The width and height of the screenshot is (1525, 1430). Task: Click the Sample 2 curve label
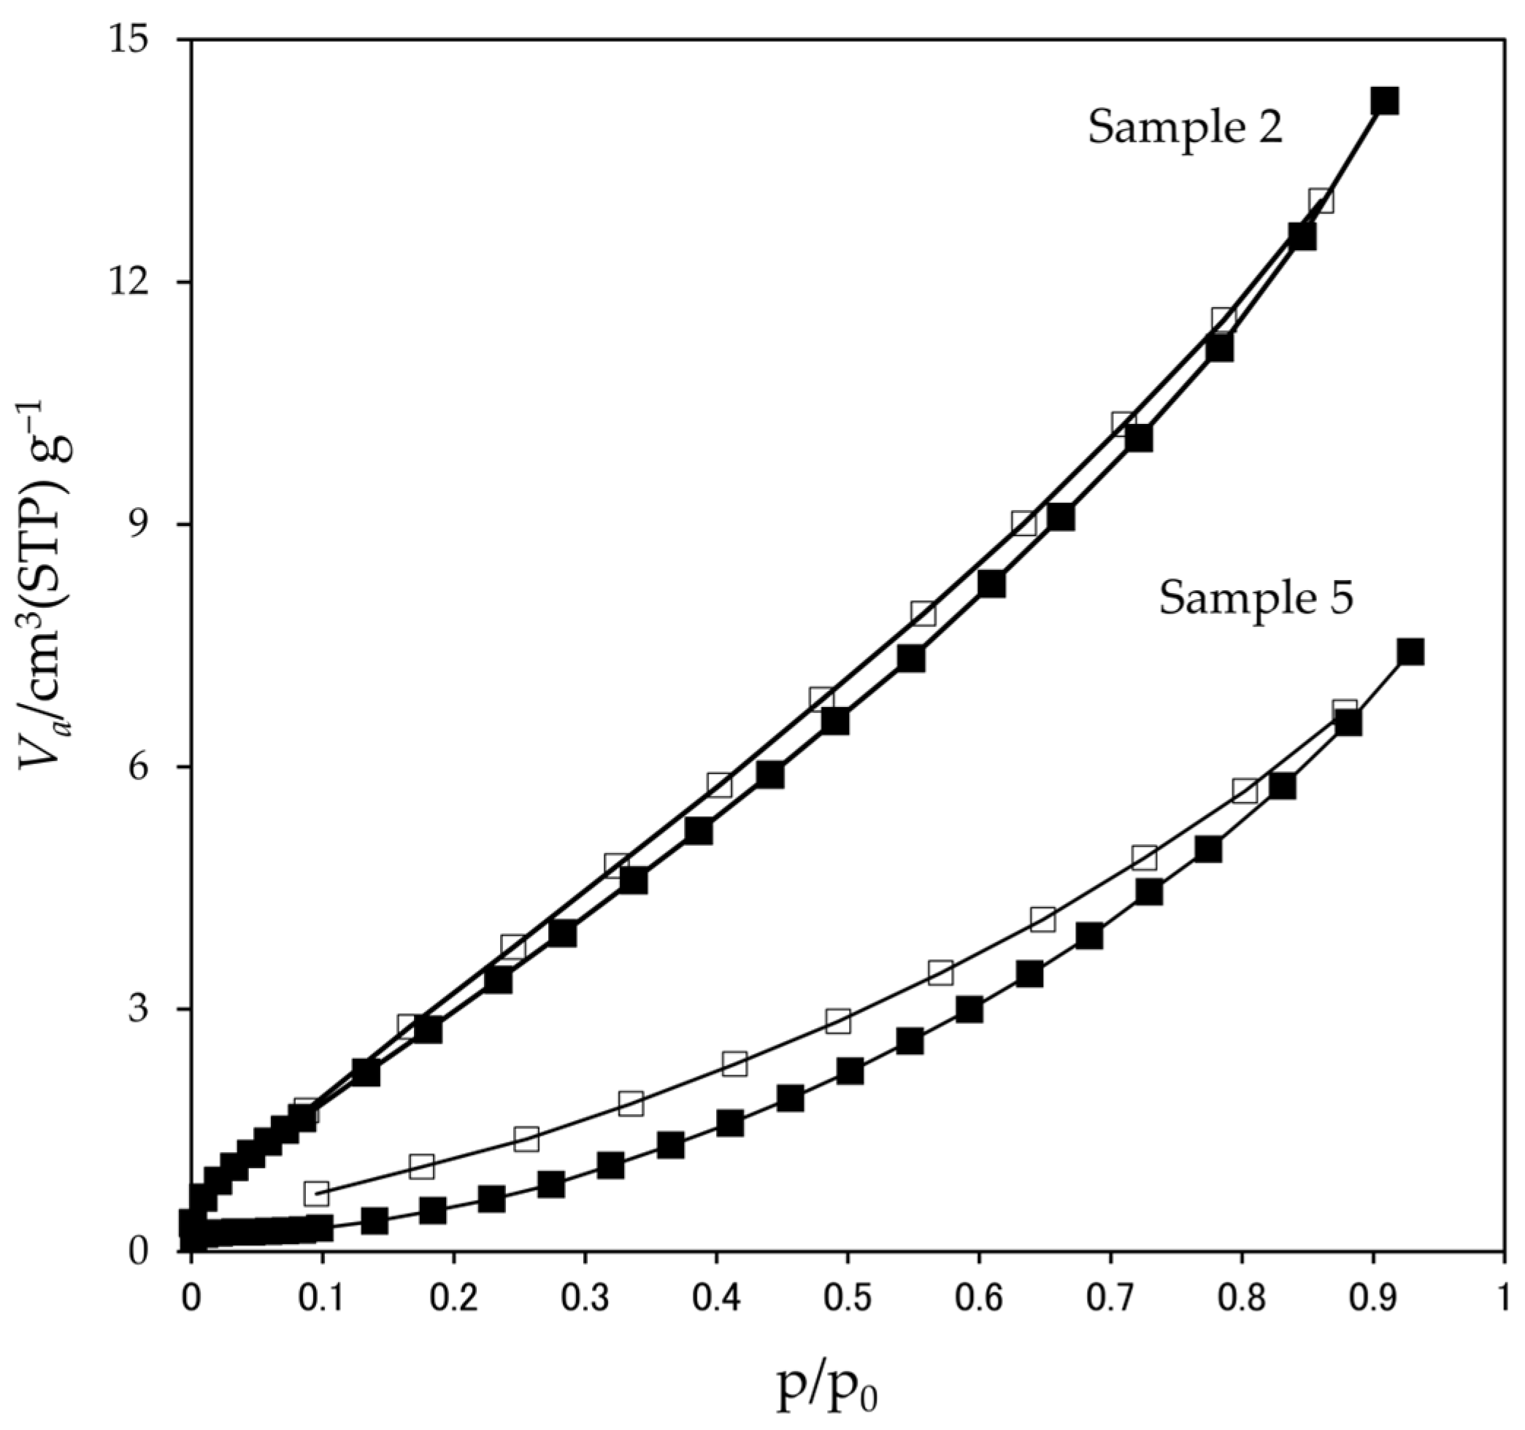tap(1184, 127)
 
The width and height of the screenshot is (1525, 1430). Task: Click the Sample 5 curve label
tap(1255, 598)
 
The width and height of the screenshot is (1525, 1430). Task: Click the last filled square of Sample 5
tap(1410, 652)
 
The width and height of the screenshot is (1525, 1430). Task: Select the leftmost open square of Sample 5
tap(316, 1193)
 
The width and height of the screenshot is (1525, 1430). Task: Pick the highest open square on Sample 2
tap(1320, 201)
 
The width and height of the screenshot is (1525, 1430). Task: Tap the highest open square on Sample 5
tap(1344, 711)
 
